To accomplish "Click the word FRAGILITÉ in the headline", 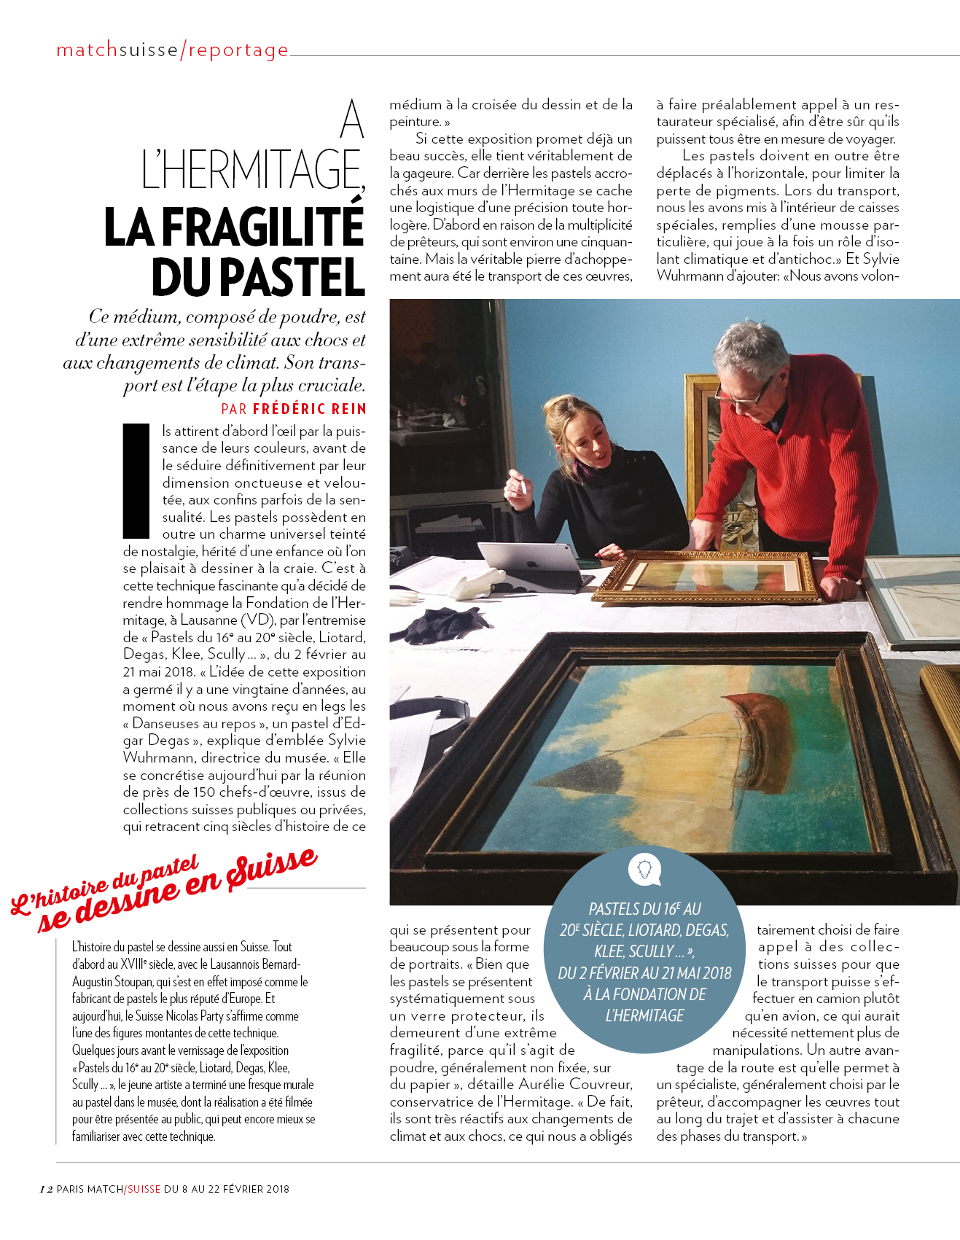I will (262, 227).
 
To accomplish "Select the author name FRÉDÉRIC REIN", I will (310, 409).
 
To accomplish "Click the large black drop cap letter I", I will (136, 481).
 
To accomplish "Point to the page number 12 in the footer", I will (46, 1189).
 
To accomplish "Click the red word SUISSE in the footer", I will (144, 1189).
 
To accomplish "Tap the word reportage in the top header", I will (239, 50).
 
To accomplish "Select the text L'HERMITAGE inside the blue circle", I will (644, 1015).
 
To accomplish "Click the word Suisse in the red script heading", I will (272, 870).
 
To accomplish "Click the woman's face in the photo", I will (582, 433).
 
